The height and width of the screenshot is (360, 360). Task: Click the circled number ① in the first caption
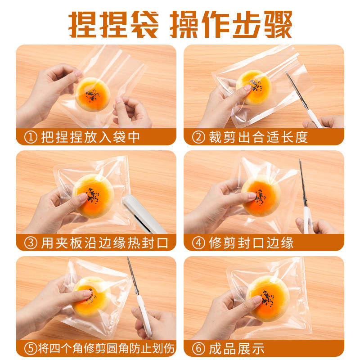(x=30, y=137)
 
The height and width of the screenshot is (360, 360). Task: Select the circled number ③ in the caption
(x=30, y=243)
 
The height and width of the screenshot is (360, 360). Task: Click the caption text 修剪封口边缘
(x=251, y=243)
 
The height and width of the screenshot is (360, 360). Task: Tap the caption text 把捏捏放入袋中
(x=90, y=137)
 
